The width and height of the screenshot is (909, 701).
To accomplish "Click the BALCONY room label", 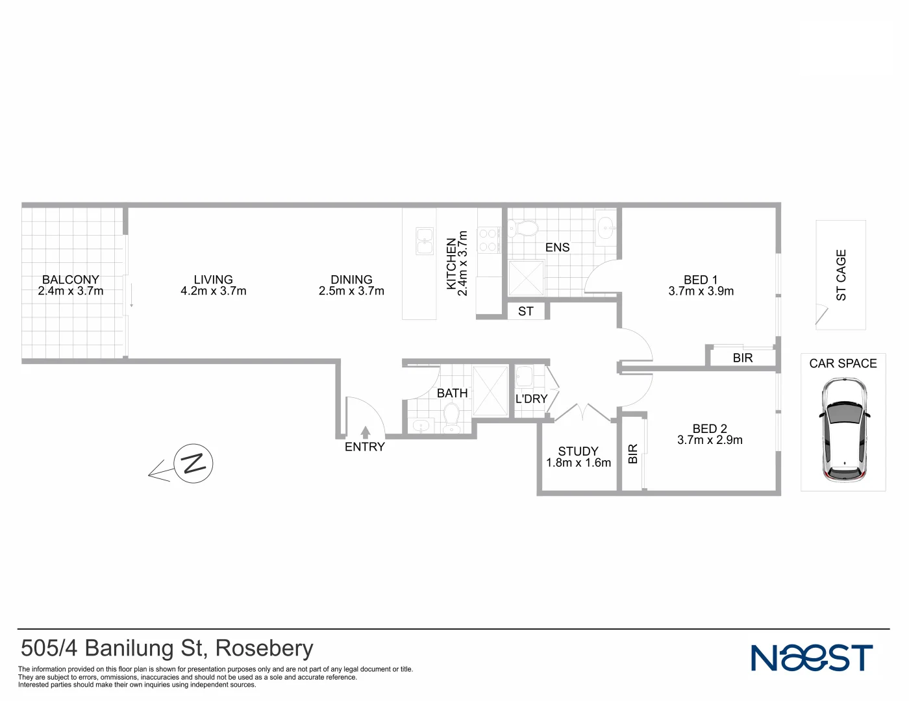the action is tap(71, 280).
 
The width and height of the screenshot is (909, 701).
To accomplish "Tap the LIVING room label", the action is tap(213, 280).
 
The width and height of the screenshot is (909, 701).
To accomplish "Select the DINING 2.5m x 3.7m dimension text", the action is tap(351, 291).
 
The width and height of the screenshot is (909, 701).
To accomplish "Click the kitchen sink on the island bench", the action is tap(425, 241).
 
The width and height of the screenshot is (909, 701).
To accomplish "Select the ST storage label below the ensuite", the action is tap(526, 312).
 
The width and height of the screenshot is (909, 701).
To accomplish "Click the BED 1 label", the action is tap(701, 280).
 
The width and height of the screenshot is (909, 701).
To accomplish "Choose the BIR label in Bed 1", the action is tap(743, 358).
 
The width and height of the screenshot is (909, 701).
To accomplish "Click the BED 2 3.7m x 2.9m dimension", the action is tap(710, 440).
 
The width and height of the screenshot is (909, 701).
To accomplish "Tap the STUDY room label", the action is tap(578, 451).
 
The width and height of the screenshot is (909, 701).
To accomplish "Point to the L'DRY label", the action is tap(531, 399).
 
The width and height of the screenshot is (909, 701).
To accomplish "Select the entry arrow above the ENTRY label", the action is tap(366, 432).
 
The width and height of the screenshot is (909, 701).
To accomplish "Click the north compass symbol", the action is tap(193, 463).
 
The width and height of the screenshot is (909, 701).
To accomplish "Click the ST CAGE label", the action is tap(841, 275).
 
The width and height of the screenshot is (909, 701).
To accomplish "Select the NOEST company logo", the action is tap(812, 658).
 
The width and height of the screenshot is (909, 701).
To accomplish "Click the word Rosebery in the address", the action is tap(264, 648).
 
